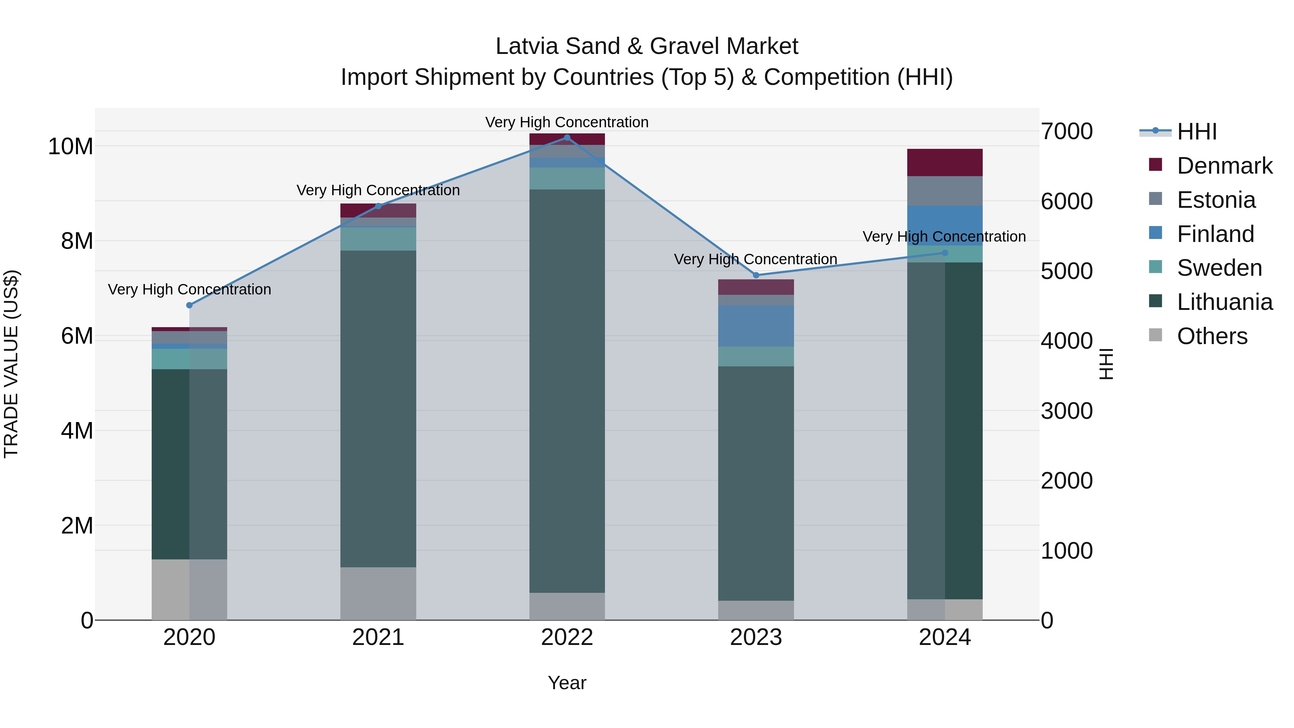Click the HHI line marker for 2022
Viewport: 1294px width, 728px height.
click(x=567, y=138)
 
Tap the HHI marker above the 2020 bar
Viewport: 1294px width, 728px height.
click(x=189, y=306)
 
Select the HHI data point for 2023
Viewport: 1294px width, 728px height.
click(x=756, y=275)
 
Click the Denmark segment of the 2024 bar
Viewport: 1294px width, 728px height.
click(x=944, y=162)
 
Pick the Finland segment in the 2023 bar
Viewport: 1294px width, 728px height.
click(x=756, y=326)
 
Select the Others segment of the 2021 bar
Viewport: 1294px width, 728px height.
click(x=378, y=593)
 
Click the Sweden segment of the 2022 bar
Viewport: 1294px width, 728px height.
click(x=567, y=178)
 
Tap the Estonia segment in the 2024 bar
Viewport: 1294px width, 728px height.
click(x=944, y=191)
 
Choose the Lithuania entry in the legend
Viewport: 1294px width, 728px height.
click(x=1224, y=302)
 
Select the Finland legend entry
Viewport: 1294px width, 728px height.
click(x=1215, y=234)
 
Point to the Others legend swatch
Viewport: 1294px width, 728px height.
click(x=1155, y=335)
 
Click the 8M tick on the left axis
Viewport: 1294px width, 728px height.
click(x=76, y=241)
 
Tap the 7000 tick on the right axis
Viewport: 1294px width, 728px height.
click(x=1066, y=132)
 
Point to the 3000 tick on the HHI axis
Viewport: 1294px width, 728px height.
click(x=1066, y=411)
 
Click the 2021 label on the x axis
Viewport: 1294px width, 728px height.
click(x=378, y=637)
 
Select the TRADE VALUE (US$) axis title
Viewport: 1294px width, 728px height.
click(x=11, y=364)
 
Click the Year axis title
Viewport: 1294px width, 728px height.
click(x=567, y=683)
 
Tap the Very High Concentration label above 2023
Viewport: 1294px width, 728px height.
click(x=755, y=259)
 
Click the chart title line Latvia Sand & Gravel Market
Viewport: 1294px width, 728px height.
click(x=647, y=46)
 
